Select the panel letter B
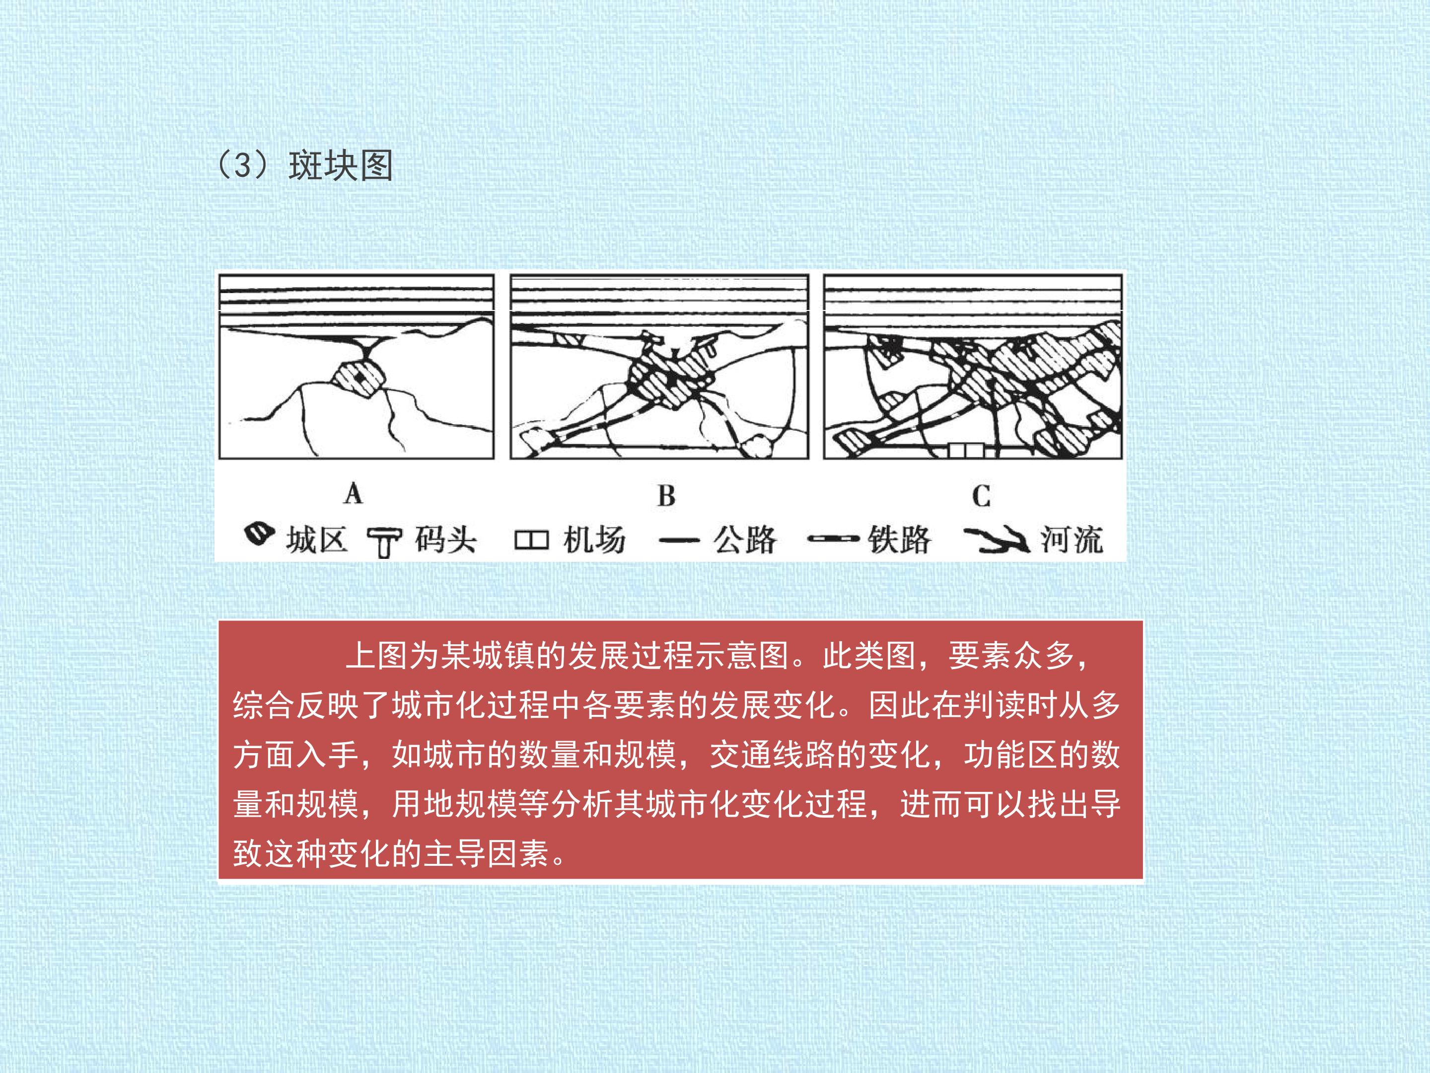coord(666,496)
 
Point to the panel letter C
coord(981,496)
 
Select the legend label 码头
coord(445,539)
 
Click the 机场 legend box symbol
coord(531,540)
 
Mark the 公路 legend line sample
coord(679,540)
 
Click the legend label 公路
coord(745,539)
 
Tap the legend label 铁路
coord(899,539)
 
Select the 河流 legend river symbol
coord(996,540)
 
